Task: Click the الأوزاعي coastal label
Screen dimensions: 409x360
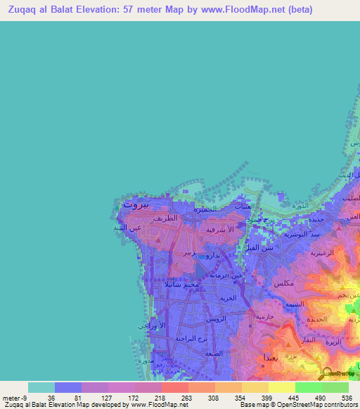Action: pos(153,326)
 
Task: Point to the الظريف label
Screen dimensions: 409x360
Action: pos(172,219)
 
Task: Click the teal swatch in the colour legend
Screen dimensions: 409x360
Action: pos(41,387)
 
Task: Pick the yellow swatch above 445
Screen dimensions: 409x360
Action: pos(281,387)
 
